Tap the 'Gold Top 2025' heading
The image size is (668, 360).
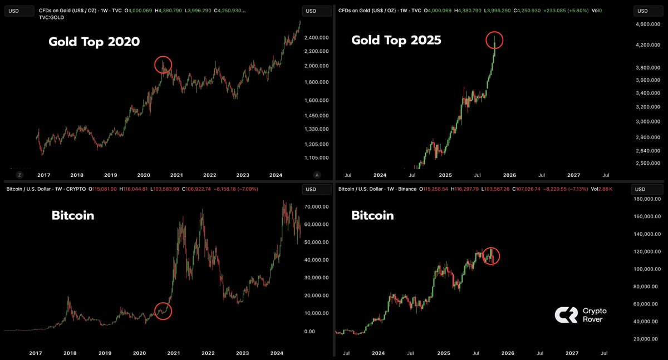tap(396, 40)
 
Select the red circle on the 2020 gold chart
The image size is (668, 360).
tap(163, 65)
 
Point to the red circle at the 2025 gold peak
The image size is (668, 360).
tap(495, 41)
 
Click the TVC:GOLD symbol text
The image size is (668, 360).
tap(52, 17)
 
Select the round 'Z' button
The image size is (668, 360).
tap(19, 174)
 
